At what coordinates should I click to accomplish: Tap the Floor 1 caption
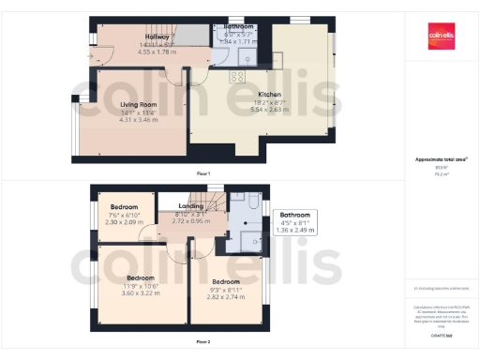coord(202,174)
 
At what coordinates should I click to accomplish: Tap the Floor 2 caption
coord(202,341)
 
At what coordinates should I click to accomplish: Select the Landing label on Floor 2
coord(191,206)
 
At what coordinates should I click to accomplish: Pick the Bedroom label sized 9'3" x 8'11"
coord(225,282)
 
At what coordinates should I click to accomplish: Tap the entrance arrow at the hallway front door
coord(91,56)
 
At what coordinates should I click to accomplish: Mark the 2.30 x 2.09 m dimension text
coord(125,221)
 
